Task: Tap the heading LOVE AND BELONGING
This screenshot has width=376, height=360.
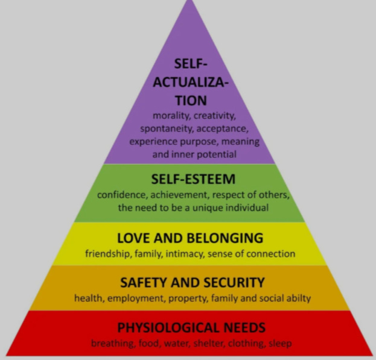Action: point(190,238)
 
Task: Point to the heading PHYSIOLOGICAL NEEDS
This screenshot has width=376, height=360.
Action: point(191,328)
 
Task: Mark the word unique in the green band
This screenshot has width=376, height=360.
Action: point(201,208)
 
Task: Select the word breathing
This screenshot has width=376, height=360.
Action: point(112,343)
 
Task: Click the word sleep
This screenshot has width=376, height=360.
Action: point(280,343)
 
